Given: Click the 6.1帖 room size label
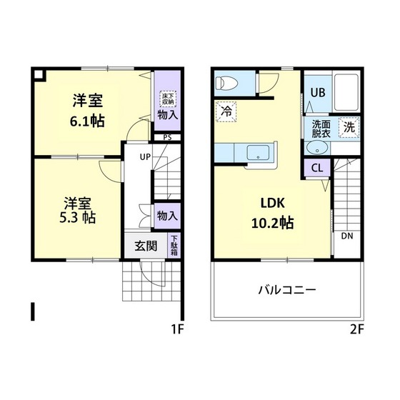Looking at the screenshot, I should [x=87, y=121].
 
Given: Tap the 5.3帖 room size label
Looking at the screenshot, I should [x=79, y=216].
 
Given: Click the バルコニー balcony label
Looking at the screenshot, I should [x=286, y=291].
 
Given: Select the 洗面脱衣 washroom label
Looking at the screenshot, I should [x=321, y=128].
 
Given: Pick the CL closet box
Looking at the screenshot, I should [x=316, y=169].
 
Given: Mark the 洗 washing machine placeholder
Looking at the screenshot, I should [x=349, y=128].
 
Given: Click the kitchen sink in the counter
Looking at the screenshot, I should [x=256, y=152].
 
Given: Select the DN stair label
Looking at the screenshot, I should [x=346, y=236].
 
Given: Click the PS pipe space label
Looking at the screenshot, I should [x=167, y=138].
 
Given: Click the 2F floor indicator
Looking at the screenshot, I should [x=357, y=329].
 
